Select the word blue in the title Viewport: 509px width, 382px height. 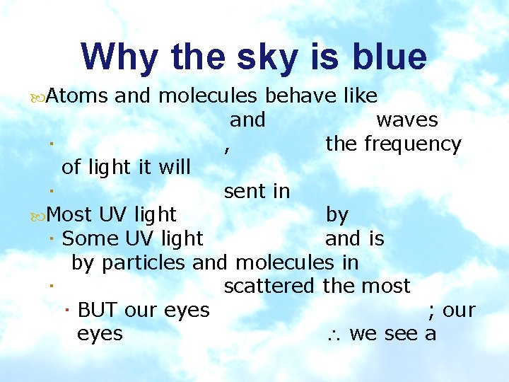coord(387,57)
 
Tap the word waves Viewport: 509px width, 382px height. coord(407,120)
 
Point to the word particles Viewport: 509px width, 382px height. coord(144,263)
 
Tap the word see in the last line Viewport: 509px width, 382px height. coord(402,334)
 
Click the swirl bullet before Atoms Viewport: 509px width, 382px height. coord(38,97)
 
